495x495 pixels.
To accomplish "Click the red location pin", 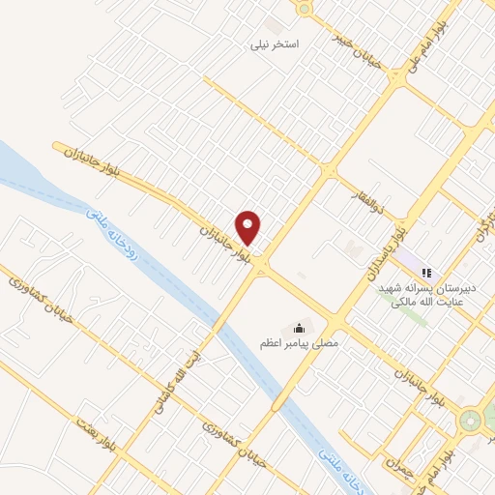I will coord(248,227).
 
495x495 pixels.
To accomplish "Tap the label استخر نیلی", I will coord(277,45).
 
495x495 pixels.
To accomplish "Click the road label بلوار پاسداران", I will coord(383,248).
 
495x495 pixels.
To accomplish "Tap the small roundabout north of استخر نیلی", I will coord(306,9).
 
